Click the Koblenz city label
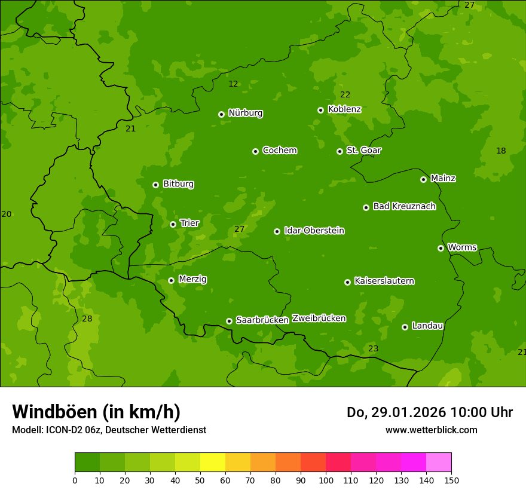pyautogui.click(x=345, y=109)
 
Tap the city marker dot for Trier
pyautogui.click(x=173, y=224)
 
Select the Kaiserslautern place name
pyautogui.click(x=384, y=281)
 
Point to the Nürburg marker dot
pyautogui.click(x=222, y=114)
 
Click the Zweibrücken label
pyautogui.click(x=319, y=318)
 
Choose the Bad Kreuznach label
pyautogui.click(x=404, y=206)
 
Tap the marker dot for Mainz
pyautogui.click(x=423, y=179)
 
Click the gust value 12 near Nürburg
pyautogui.click(x=233, y=84)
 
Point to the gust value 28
pyautogui.click(x=87, y=319)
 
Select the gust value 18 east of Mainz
pyautogui.click(x=501, y=151)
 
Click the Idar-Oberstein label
pyautogui.click(x=314, y=231)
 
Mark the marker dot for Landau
pyautogui.click(x=405, y=327)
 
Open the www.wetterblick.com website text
pyautogui.click(x=431, y=430)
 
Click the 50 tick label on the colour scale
pyautogui.click(x=200, y=479)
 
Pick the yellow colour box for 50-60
pyautogui.click(x=213, y=463)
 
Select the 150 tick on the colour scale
pyautogui.click(x=451, y=479)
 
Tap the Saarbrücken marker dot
pyautogui.click(x=229, y=321)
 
